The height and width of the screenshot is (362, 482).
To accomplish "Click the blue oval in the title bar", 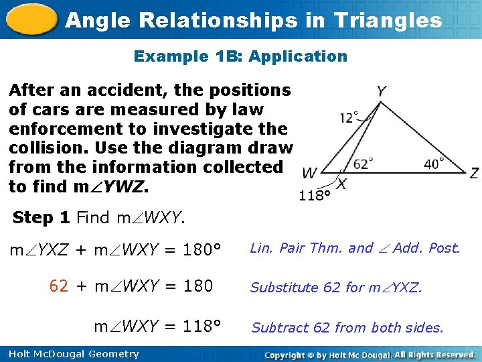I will [31, 20].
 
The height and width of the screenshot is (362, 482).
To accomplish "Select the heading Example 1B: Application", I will [240, 56].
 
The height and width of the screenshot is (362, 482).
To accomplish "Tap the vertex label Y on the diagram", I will [380, 91].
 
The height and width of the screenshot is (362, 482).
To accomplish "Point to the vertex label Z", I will [474, 174].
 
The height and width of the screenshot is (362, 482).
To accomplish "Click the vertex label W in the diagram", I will [309, 174].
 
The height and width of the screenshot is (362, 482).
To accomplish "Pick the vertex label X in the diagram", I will [341, 183].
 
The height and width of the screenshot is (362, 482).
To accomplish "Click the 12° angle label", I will [349, 118].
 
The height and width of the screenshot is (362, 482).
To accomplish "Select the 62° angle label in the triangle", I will [362, 163].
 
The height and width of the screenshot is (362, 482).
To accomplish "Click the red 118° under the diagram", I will [315, 196].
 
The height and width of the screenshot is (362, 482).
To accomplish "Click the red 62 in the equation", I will [58, 287].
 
